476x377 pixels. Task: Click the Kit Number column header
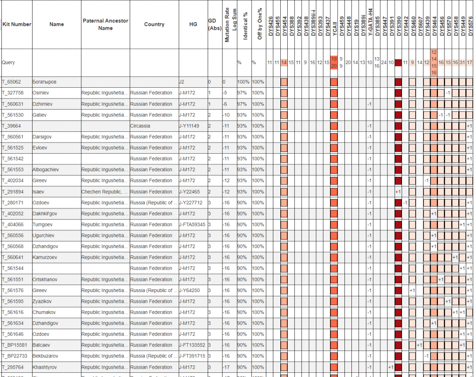tap(17, 24)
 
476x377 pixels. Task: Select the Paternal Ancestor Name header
tap(106, 24)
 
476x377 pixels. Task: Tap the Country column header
tap(154, 24)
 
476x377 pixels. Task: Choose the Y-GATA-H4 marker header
tap(370, 23)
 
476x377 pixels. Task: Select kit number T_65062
tap(12, 82)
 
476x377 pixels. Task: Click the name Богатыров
tap(45, 82)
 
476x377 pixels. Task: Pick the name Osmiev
tap(41, 93)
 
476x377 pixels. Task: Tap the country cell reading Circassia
tap(140, 126)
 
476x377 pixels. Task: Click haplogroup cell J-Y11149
tap(192, 126)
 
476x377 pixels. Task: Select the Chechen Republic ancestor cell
tap(105, 192)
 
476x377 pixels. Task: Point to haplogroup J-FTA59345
tap(193, 225)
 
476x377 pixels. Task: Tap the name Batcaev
tap(42, 345)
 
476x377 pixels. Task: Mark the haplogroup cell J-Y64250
tap(191, 291)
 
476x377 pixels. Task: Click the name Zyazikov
tap(42, 301)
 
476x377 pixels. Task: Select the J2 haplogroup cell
tap(182, 82)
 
